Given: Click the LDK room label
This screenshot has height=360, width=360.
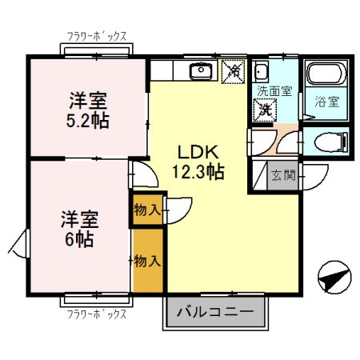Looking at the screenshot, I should (193, 153).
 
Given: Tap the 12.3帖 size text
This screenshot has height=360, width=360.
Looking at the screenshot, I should (197, 170).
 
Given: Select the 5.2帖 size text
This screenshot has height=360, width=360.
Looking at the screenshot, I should (89, 121).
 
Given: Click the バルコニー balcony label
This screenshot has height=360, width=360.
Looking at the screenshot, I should (214, 311).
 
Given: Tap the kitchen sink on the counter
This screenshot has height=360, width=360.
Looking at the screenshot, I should (199, 72).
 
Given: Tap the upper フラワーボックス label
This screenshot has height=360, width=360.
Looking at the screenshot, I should (95, 35).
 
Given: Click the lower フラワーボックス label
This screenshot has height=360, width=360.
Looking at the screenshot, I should (95, 314).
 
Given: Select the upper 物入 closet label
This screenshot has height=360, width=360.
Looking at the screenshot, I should (147, 211).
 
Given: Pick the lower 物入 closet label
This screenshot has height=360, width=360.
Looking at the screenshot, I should (147, 260).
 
